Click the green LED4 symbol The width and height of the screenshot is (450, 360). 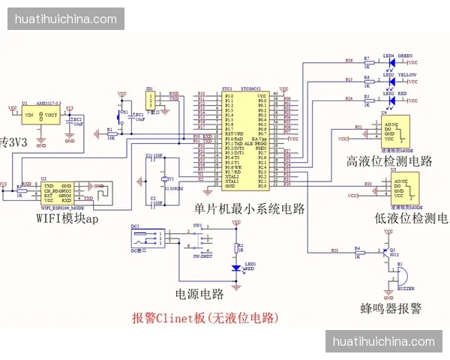point(389,61)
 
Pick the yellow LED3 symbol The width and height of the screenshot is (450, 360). point(389,79)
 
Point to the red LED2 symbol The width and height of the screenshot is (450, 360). point(389,98)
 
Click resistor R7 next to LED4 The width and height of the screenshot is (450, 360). point(366,61)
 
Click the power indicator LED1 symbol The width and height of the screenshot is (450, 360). point(237,266)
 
